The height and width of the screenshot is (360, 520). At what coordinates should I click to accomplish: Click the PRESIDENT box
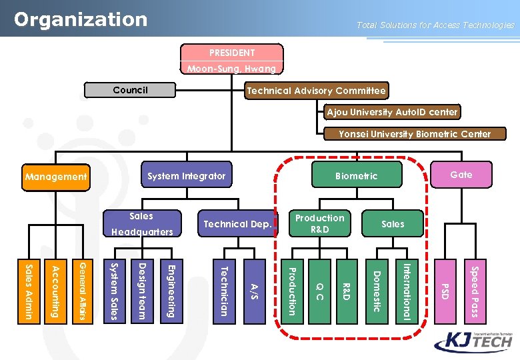pyautogui.click(x=232, y=53)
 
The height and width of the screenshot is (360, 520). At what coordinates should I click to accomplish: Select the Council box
pyautogui.click(x=131, y=90)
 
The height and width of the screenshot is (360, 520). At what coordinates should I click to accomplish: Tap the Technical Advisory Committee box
pyautogui.click(x=316, y=91)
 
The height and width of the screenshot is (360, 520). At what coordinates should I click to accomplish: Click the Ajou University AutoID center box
pyautogui.click(x=392, y=112)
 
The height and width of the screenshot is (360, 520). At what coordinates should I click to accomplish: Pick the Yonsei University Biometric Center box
pyautogui.click(x=415, y=134)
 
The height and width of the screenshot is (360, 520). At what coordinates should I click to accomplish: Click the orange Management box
pyautogui.click(x=56, y=177)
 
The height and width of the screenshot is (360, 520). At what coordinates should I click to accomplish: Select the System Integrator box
pyautogui.click(x=187, y=176)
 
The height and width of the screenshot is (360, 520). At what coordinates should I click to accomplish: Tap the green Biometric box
pyautogui.click(x=356, y=176)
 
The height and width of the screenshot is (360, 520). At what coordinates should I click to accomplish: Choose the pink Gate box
pyautogui.click(x=461, y=175)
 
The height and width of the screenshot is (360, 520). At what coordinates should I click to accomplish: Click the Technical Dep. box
pyautogui.click(x=237, y=224)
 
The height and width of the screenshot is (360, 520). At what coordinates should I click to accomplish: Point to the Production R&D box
pyautogui.click(x=320, y=223)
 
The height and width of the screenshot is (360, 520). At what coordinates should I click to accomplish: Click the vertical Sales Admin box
pyautogui.click(x=29, y=292)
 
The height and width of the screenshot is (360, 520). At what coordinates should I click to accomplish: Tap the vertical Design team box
pyautogui.click(x=142, y=292)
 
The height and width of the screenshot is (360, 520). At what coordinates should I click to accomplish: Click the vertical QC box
pyautogui.click(x=319, y=292)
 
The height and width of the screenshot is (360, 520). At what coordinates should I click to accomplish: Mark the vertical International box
pyautogui.click(x=405, y=292)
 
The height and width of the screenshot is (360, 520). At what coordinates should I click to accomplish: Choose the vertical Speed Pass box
pyautogui.click(x=474, y=292)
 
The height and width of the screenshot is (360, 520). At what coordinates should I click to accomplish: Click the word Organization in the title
pyautogui.click(x=81, y=19)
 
